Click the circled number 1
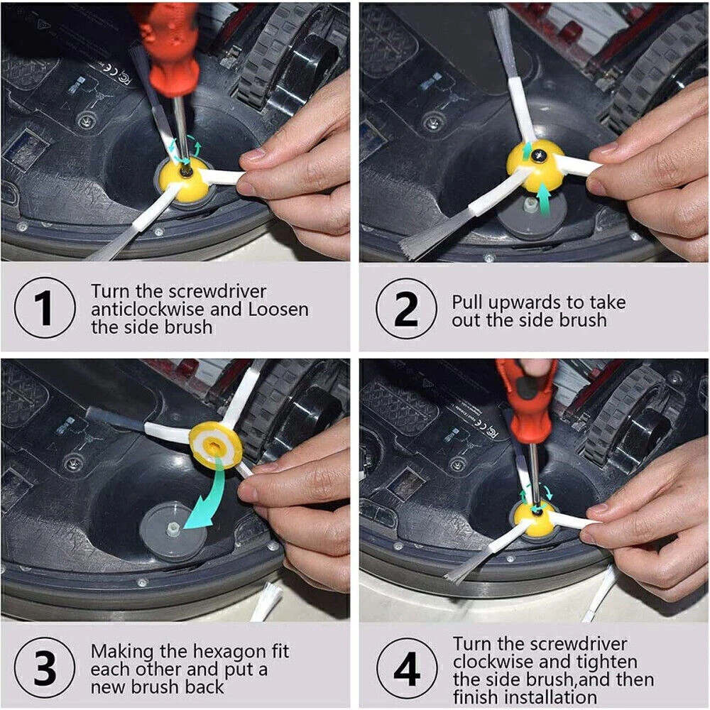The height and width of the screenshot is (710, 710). click(x=45, y=307)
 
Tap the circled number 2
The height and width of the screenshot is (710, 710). click(x=406, y=308)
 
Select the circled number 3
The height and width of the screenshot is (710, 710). click(x=45, y=667)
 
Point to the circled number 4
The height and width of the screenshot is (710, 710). click(x=407, y=669)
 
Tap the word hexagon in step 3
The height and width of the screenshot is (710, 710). click(x=224, y=652)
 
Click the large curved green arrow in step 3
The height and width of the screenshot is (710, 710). click(x=205, y=493)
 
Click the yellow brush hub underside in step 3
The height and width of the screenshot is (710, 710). click(x=215, y=446)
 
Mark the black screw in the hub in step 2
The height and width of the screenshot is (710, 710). click(x=540, y=156)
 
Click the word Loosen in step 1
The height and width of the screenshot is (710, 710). click(x=278, y=310)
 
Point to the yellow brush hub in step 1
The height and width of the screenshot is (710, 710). click(x=183, y=180)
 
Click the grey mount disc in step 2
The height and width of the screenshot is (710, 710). click(x=530, y=213)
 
